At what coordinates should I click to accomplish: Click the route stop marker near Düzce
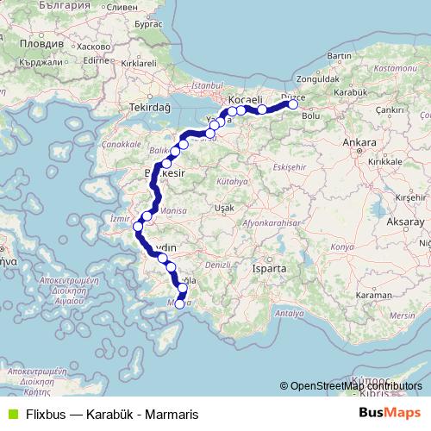293,104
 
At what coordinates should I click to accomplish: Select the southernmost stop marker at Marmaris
179,303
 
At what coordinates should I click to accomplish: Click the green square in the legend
11,413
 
